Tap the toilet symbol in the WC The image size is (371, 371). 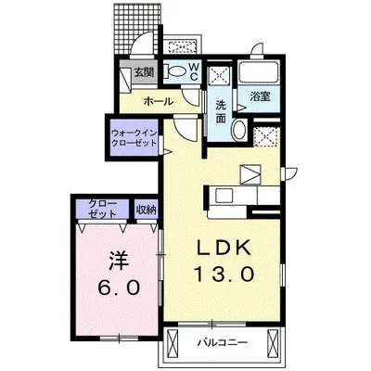pyautogui.click(x=176, y=70)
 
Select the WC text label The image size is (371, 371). pyautogui.click(x=195, y=70)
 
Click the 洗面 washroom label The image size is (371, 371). pyautogui.click(x=222, y=110)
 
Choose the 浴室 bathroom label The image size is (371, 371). pyautogui.click(x=259, y=96)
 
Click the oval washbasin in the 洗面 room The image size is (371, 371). pyautogui.click(x=238, y=131)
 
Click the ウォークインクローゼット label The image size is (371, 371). pyautogui.click(x=135, y=138)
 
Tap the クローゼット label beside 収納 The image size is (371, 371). pyautogui.click(x=104, y=209)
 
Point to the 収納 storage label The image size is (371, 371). pyautogui.click(x=146, y=209)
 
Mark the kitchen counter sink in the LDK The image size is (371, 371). pyautogui.click(x=225, y=196)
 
